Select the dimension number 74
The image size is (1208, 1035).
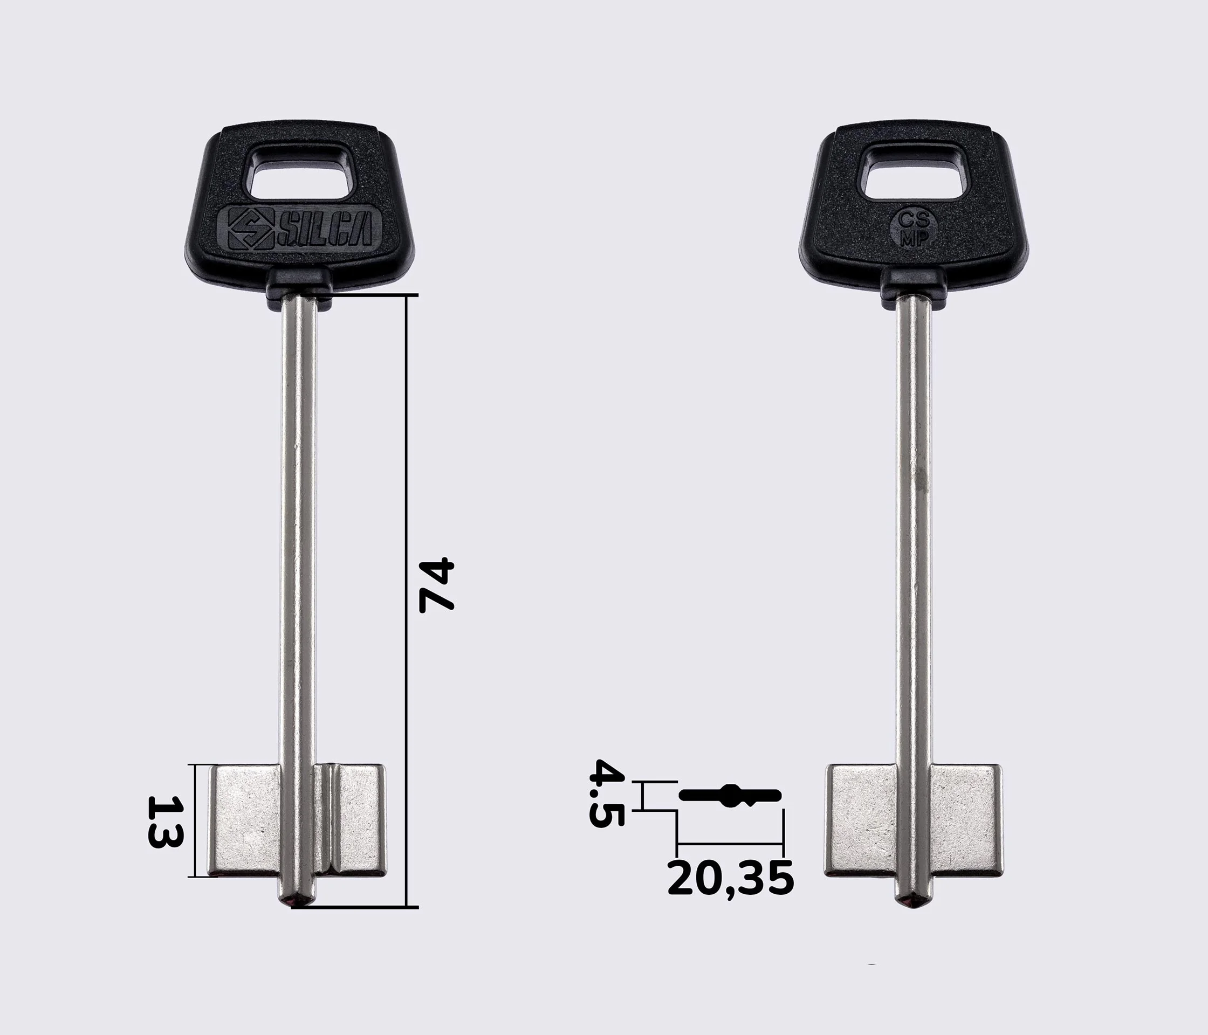436,585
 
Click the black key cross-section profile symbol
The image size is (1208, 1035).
730,795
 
